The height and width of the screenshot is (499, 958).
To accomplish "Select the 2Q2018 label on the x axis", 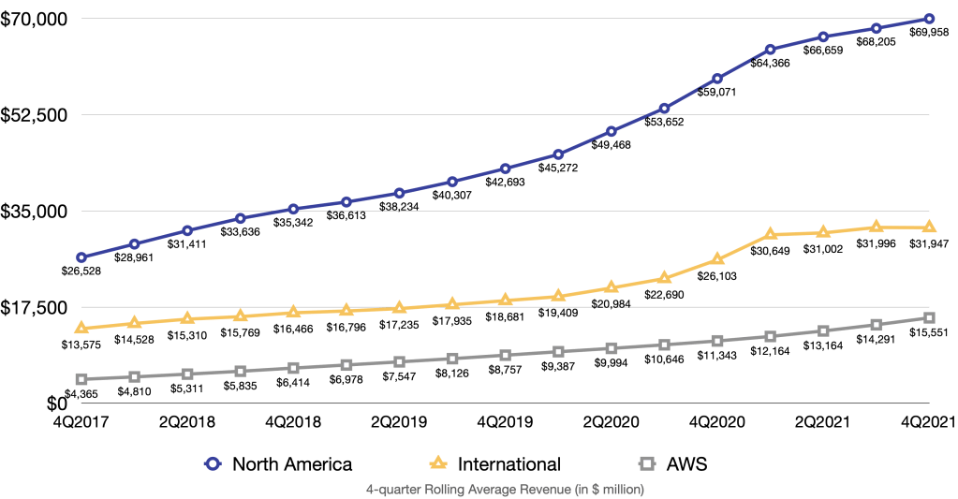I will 187,422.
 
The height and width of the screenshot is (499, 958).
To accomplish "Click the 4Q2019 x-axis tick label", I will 505,422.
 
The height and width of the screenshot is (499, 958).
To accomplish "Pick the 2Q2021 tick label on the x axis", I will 822,422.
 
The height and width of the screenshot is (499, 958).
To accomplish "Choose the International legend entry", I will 508,462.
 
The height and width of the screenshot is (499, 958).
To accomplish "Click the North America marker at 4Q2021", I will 929,19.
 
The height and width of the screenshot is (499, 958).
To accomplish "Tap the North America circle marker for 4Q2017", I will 81,257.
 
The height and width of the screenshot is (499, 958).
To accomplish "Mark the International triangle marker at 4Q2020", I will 717,258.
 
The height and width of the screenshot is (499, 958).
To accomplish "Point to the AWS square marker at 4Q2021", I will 929,318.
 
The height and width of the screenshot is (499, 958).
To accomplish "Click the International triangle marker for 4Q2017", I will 81,328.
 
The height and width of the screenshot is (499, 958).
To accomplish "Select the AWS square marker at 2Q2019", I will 400,361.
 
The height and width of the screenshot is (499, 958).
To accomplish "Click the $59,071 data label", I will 717,93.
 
